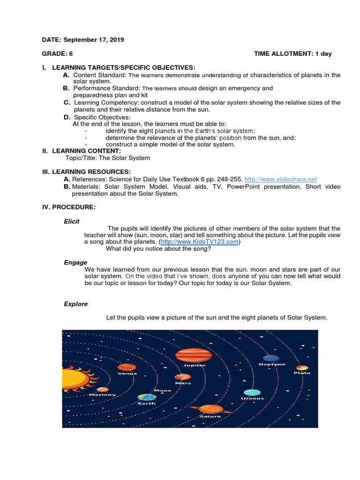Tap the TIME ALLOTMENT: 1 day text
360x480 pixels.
pos(292,54)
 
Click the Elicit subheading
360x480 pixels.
pos(72,221)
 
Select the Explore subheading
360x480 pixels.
pos(75,304)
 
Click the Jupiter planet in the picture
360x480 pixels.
pos(194,355)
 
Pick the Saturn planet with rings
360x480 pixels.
pos(210,409)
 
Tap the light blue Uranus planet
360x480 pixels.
pos(252,392)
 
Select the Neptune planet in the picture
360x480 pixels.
pos(271,358)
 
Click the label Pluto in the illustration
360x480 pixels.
pos(302,373)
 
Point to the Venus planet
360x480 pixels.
pos(127,367)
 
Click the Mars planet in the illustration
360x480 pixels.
pos(182,377)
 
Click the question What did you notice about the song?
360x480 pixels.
pos(158,249)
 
